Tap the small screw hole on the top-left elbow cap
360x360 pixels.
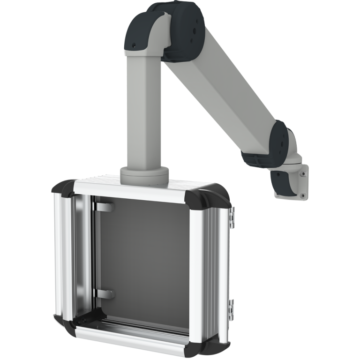[x=133, y=45]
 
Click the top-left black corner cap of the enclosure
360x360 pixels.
[x=64, y=190]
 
